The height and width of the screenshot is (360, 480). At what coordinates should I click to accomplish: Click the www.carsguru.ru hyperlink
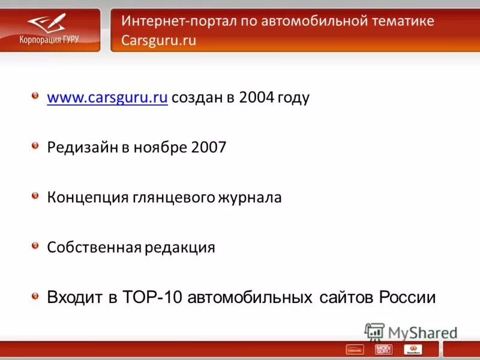point(107,98)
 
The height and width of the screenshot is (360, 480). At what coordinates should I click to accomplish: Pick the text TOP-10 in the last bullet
point(155,298)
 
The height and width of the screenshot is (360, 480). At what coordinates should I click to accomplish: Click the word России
point(407,298)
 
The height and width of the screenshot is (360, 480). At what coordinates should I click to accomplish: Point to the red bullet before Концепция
point(36,196)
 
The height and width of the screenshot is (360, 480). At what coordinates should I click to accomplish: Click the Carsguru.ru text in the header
point(158,41)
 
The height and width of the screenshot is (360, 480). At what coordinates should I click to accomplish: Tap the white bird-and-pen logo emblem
point(47,23)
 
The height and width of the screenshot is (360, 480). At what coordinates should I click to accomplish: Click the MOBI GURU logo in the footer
point(383,349)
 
